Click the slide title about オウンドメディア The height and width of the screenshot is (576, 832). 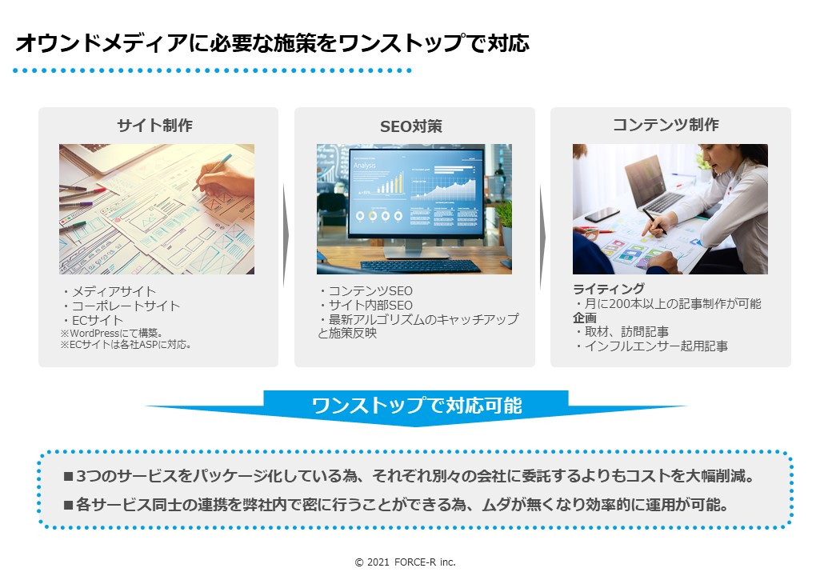point(272,43)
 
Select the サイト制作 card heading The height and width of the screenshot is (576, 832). point(154,126)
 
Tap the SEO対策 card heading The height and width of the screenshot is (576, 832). point(410,126)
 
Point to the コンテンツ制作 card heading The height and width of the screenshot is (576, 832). point(666,125)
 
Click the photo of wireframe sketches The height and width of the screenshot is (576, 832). point(157,209)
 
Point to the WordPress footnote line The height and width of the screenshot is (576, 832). point(112,333)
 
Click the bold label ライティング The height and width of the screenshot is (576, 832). point(609,290)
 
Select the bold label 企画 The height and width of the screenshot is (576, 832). point(585,318)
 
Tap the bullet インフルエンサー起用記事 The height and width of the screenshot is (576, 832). point(651,346)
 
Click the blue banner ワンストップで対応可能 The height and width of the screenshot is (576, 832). point(416,406)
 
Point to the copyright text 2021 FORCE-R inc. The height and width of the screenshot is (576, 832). point(406,562)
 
